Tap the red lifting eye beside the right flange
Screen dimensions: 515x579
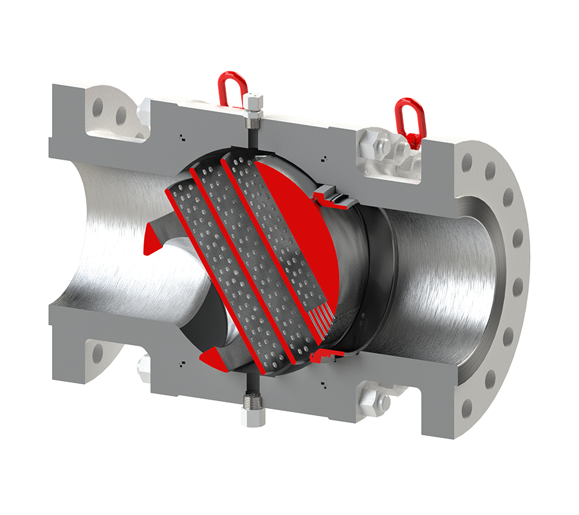point(409,116)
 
